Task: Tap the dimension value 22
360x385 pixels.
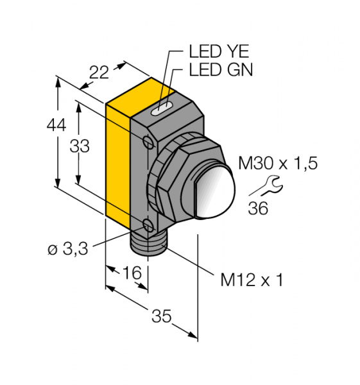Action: (99, 73)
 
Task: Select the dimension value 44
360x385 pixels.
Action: (56, 126)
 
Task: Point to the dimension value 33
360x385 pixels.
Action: (80, 146)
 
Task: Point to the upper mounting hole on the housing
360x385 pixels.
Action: (148, 141)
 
